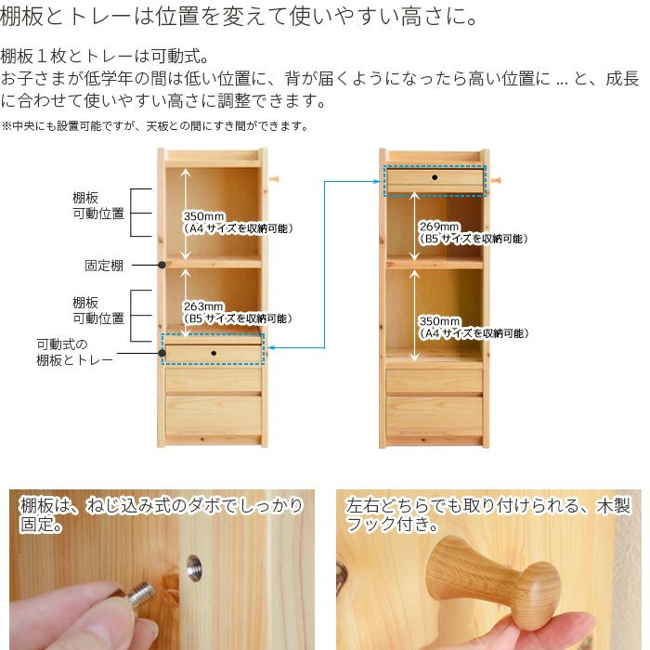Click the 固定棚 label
(104, 266)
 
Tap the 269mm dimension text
(439, 227)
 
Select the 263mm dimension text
(203, 306)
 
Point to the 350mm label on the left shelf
(204, 216)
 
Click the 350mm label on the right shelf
(439, 321)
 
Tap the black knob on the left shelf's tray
(214, 353)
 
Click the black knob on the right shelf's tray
(435, 177)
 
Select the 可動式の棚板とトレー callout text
(74, 352)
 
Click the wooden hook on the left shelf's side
(274, 179)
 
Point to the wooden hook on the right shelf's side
(495, 180)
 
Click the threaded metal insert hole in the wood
(193, 566)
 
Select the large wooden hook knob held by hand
(492, 579)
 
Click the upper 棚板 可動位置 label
(98, 205)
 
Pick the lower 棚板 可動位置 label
(98, 310)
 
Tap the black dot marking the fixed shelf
(162, 265)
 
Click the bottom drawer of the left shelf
(214, 415)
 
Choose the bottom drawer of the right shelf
(435, 415)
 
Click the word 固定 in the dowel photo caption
(36, 524)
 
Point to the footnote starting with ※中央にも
(155, 125)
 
